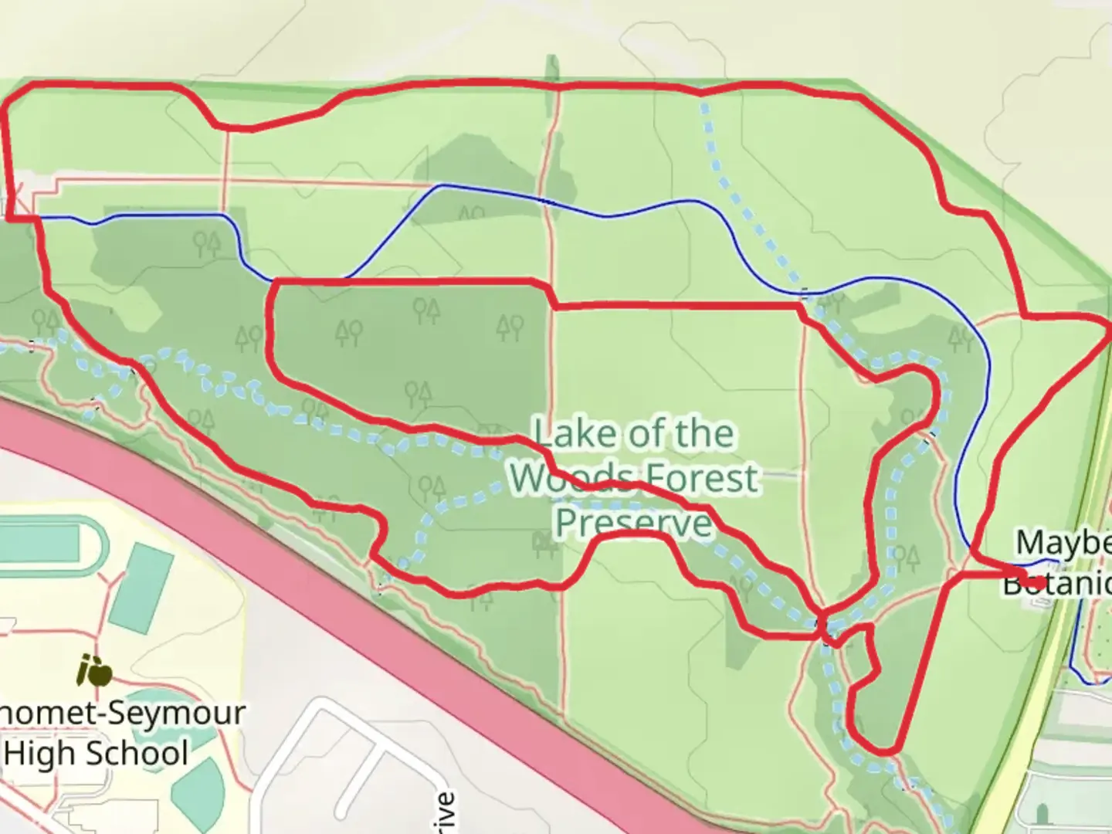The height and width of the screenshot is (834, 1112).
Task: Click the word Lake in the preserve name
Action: (x=565, y=434)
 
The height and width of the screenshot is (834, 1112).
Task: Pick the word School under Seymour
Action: (x=139, y=753)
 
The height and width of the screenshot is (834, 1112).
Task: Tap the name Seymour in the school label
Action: (x=176, y=712)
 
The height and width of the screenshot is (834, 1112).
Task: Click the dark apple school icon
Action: (x=94, y=672)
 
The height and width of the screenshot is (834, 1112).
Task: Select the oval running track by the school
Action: (x=46, y=545)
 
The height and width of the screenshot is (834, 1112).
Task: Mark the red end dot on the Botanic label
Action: (x=1037, y=582)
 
